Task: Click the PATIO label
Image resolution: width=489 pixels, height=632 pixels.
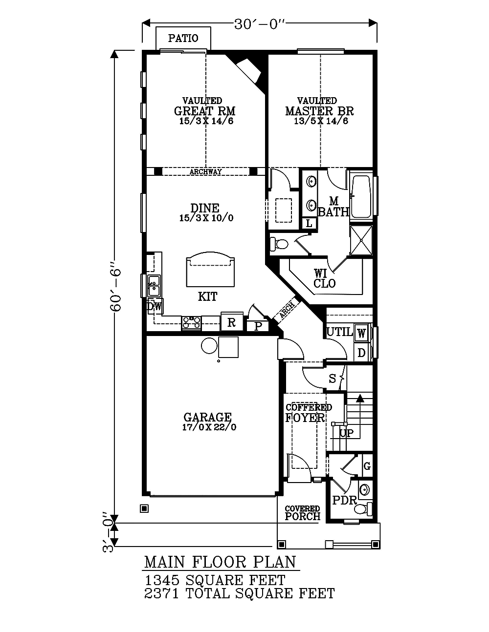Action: pos(183,38)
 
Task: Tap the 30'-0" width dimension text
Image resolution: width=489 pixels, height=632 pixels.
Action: pos(259,25)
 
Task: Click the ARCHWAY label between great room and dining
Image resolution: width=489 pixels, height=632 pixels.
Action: pos(205,171)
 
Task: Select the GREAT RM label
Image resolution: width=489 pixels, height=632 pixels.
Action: pos(204,111)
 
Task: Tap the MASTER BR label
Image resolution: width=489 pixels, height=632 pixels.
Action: pos(319,111)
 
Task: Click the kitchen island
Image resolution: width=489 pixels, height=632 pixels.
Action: pos(210,269)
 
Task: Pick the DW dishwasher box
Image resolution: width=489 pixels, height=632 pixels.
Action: pos(155,306)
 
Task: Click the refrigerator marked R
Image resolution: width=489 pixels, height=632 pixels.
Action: pos(232,322)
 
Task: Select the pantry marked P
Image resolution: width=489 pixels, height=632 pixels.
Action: pos(258,326)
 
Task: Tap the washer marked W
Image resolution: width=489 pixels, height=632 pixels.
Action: pos(361,333)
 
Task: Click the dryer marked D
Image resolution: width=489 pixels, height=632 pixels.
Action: pos(361,353)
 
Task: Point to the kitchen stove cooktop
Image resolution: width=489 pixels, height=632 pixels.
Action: pos(191,323)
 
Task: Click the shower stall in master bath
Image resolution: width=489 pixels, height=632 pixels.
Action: pos(361,240)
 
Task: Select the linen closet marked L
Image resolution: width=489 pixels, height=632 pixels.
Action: pos(309,223)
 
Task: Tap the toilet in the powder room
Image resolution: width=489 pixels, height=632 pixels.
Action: pos(363,508)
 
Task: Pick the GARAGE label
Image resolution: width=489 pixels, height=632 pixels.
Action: pos(207,417)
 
